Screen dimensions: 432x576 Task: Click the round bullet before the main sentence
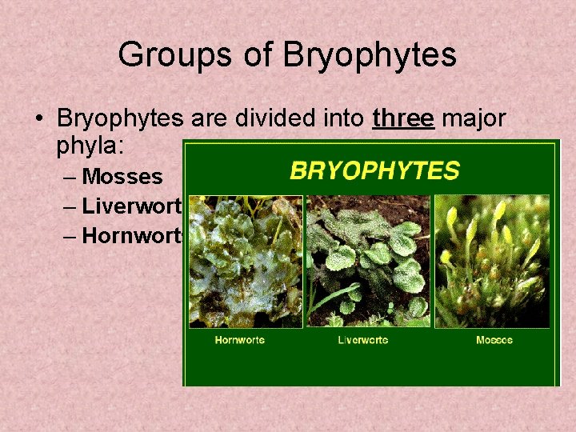(x=38, y=119)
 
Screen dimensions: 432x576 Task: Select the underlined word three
(x=403, y=118)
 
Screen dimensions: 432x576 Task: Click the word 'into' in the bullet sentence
(x=343, y=118)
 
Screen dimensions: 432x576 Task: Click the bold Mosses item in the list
(x=122, y=176)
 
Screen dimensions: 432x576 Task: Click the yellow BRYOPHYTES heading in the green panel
(x=374, y=170)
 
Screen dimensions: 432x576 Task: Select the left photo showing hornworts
(x=245, y=260)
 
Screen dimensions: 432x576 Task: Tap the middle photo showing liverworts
(x=368, y=260)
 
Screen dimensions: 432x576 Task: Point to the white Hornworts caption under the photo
(x=239, y=340)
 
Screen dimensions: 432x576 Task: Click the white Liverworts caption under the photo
(x=362, y=340)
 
